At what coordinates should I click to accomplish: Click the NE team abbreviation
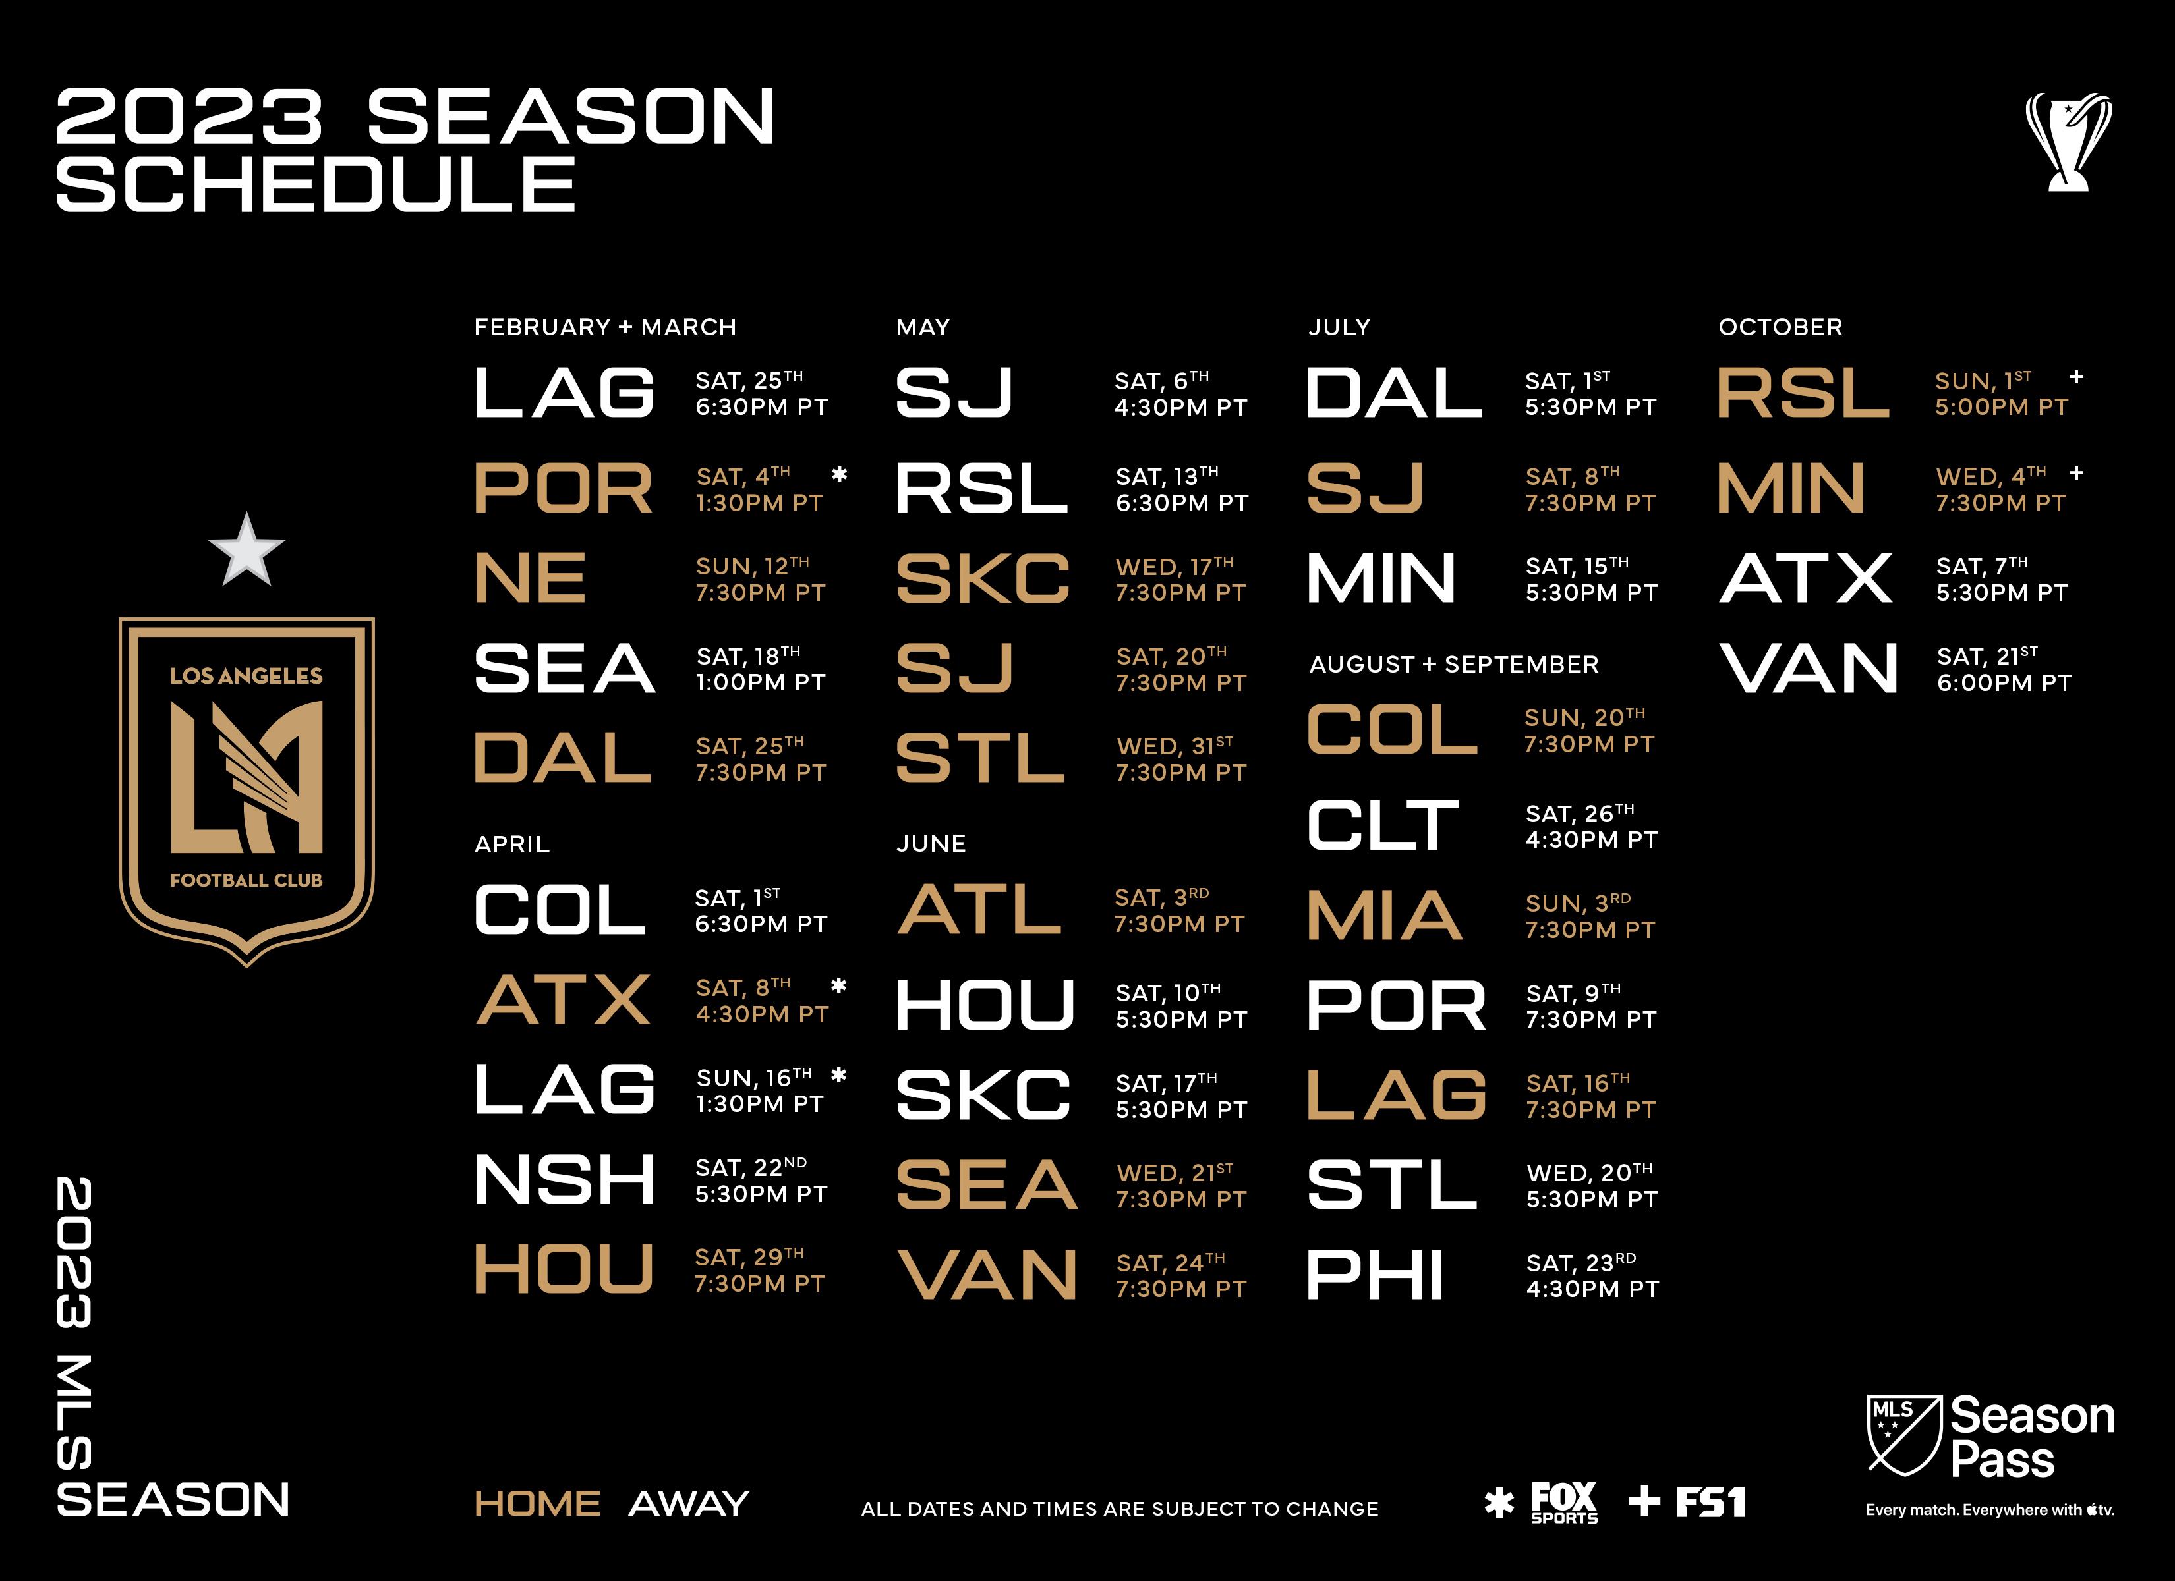click(531, 578)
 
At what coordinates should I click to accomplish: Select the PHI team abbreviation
click(1376, 1275)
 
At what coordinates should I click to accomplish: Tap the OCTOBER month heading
click(1780, 327)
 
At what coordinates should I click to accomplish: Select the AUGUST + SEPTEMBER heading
click(1454, 665)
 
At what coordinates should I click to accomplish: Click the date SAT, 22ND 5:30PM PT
click(761, 1180)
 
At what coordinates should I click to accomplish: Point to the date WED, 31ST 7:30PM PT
click(1180, 760)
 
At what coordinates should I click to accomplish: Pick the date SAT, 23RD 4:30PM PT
click(1592, 1276)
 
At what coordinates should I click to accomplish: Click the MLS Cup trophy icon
click(2068, 142)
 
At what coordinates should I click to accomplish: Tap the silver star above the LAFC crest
click(246, 550)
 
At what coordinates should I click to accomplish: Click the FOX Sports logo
click(1563, 1503)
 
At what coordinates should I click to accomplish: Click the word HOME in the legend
click(537, 1503)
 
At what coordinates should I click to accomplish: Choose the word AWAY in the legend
click(689, 1503)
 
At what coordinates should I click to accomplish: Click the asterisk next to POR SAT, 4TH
click(839, 474)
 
